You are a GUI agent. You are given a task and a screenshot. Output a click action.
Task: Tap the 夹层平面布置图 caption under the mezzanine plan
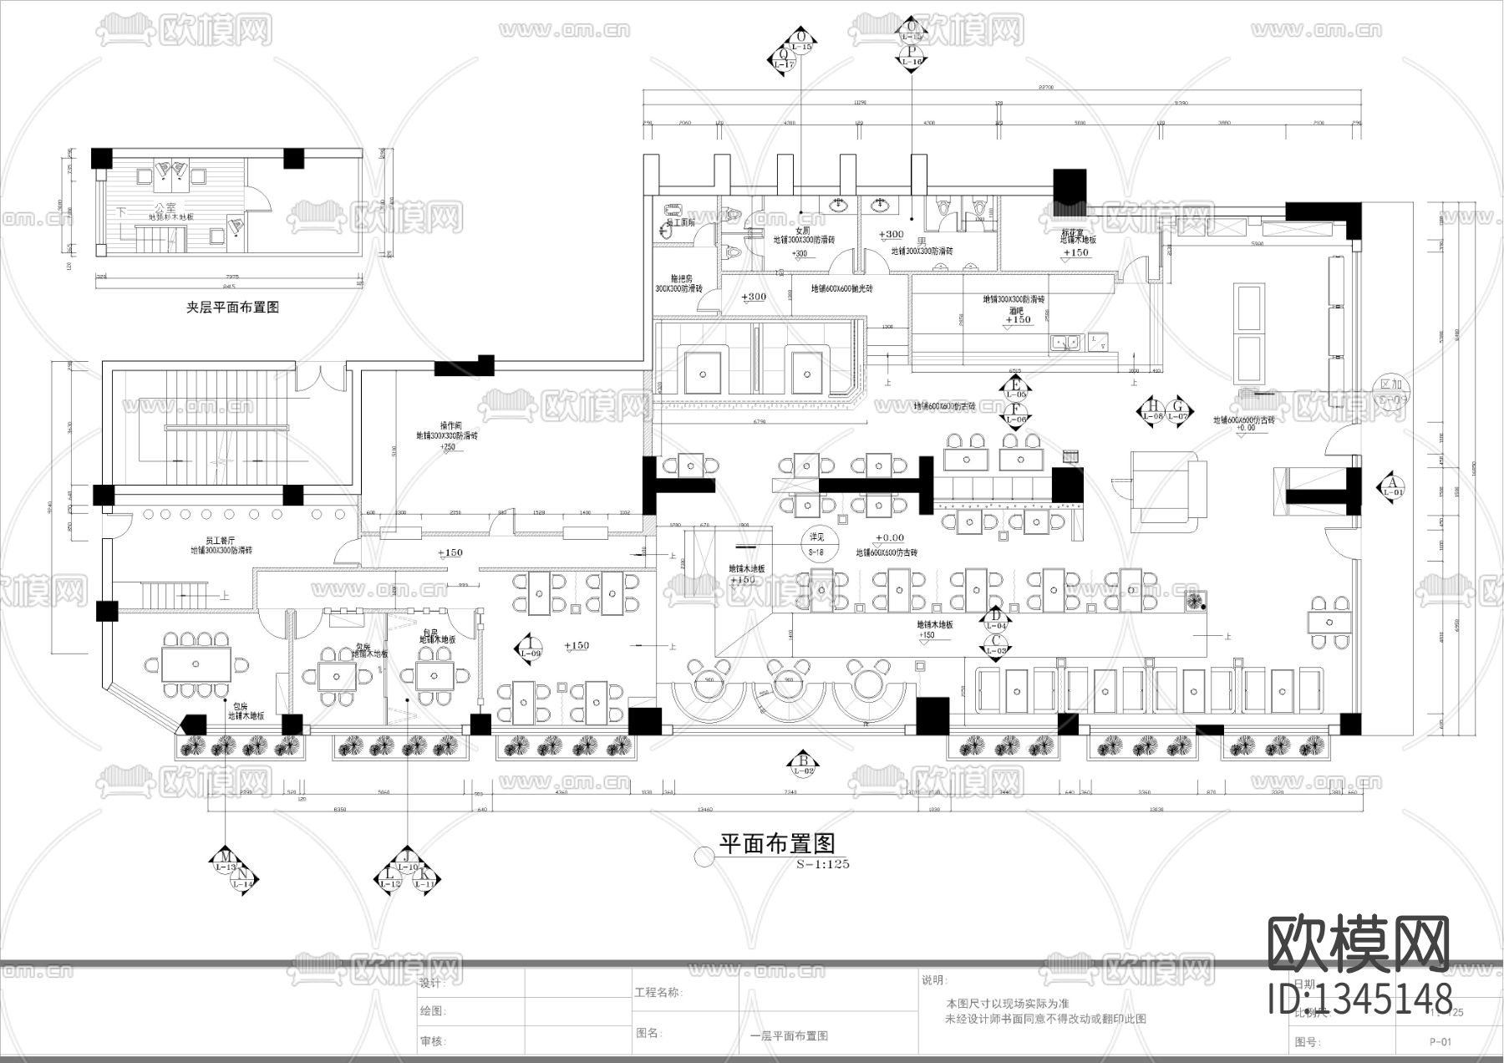[x=232, y=308]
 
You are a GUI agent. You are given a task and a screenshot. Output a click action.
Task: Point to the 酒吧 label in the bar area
[x=1017, y=309]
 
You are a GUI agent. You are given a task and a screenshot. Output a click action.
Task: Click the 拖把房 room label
[x=680, y=278]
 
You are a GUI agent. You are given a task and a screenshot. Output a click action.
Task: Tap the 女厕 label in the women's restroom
[x=802, y=231]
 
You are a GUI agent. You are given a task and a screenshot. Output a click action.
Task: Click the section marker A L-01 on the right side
[x=1391, y=486]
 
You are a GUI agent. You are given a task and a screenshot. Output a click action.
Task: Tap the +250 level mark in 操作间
[x=447, y=446]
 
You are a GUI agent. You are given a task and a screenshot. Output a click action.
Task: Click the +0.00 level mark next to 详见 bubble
[x=889, y=538]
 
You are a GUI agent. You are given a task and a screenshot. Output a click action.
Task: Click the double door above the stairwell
[x=320, y=378]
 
